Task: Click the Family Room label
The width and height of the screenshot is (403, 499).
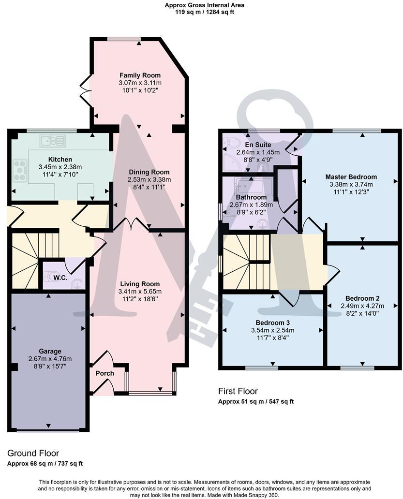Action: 140,75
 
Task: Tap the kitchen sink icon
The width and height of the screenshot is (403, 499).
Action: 53,141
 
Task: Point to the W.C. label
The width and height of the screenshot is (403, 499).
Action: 60,278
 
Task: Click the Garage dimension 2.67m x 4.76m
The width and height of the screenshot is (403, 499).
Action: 49,359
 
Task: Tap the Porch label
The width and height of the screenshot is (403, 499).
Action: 104,373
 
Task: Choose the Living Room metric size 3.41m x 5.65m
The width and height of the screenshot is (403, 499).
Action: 140,292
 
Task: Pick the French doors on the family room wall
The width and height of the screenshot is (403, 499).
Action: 86,90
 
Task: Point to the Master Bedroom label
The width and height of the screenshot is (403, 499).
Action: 351,177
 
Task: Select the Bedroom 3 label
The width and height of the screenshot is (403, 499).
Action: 272,323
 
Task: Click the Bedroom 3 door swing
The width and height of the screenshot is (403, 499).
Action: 289,298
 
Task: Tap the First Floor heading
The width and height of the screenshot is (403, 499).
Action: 238,391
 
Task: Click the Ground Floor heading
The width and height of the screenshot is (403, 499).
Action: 33,453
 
